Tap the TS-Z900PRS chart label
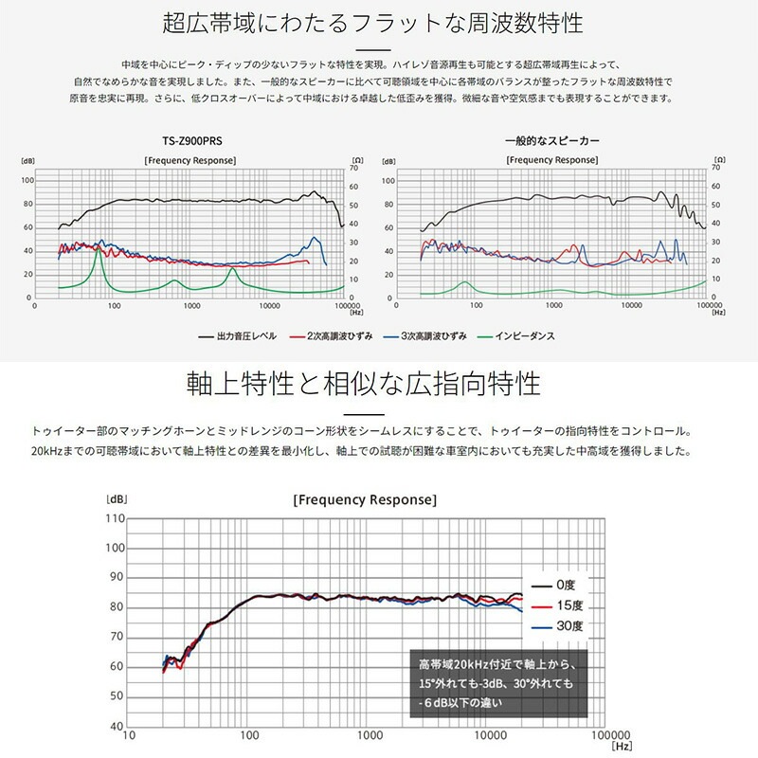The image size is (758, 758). tap(186, 141)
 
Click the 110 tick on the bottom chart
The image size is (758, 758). tap(115, 518)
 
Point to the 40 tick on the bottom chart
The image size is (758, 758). tap(117, 726)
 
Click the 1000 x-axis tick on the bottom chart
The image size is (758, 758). tap(368, 736)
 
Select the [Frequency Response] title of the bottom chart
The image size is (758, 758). tap(364, 499)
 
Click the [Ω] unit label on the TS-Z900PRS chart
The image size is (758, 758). tap(356, 161)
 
